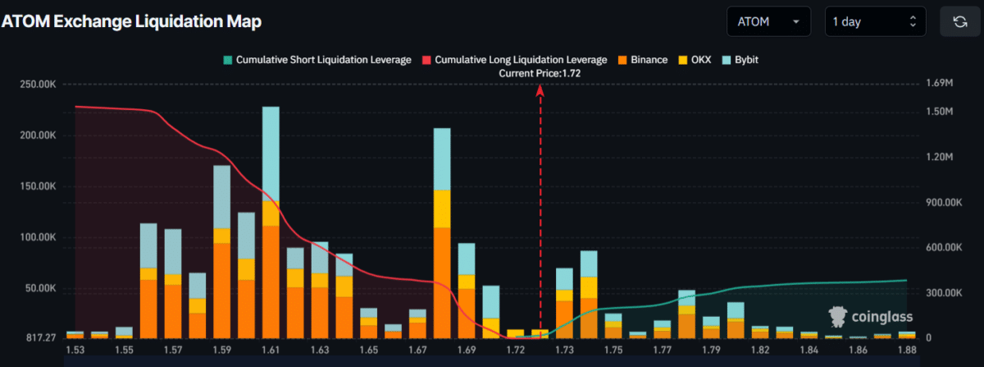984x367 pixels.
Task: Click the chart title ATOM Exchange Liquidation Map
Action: coord(132,22)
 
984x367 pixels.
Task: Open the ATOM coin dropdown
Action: coord(768,22)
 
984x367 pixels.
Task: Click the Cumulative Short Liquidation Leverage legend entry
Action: coord(317,60)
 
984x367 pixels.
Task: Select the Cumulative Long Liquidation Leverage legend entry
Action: coord(514,60)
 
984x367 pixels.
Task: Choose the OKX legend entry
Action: coord(697,60)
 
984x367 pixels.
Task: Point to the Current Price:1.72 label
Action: coord(540,74)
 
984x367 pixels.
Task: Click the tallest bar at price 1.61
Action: coord(271,222)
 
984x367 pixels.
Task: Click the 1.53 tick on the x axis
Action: coord(75,351)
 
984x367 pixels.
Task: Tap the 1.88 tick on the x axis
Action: coord(907,351)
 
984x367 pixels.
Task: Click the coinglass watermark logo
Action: coord(870,316)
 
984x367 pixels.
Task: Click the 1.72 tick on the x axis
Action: coord(516,351)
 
